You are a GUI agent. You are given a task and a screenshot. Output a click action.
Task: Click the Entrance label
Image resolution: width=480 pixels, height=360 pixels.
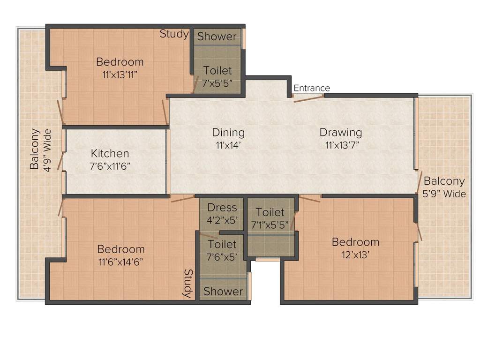pos(312,88)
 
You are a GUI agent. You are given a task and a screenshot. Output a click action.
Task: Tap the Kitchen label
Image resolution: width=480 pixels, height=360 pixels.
pos(110,153)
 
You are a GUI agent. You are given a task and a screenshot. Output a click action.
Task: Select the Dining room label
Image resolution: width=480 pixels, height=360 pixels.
pos(228,133)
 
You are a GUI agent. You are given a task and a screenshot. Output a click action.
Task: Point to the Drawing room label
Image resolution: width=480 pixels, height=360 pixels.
pos(341,132)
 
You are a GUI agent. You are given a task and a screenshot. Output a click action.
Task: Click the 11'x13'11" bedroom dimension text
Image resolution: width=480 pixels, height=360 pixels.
pos(120,75)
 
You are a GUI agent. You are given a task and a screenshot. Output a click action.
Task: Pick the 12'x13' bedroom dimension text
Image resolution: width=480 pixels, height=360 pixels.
pos(355,255)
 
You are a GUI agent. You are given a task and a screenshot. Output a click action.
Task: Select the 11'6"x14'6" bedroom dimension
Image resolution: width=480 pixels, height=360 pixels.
pos(121,262)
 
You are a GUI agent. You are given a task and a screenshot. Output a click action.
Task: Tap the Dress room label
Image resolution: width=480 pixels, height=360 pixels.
pos(222,208)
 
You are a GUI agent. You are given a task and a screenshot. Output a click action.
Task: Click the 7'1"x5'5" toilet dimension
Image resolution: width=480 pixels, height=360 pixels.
pos(270,225)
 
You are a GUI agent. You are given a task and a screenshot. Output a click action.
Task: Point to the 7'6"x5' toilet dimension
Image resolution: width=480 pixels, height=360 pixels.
pos(222,257)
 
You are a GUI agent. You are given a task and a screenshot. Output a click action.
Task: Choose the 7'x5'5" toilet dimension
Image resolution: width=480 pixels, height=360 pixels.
pos(217,83)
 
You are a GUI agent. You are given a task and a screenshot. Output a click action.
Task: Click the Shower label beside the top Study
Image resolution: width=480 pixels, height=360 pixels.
pos(217,37)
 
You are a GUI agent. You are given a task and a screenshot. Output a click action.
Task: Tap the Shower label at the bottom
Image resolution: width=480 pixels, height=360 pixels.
pos(223,291)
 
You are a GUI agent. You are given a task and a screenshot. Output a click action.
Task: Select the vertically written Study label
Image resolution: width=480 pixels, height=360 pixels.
pos(188,284)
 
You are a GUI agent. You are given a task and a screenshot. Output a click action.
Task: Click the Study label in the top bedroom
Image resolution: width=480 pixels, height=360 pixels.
pos(174,34)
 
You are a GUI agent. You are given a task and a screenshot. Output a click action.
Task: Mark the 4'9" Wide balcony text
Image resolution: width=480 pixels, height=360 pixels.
pos(47,150)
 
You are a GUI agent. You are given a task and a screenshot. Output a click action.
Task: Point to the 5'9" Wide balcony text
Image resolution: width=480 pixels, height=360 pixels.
pos(444,194)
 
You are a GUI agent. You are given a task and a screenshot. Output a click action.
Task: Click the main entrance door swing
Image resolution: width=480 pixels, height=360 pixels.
pos(308,98)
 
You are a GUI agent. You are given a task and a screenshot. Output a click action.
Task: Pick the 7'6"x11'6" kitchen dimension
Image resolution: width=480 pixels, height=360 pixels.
pos(110,166)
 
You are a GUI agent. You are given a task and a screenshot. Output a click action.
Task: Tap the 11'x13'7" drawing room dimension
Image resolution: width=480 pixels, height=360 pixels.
pos(342,145)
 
